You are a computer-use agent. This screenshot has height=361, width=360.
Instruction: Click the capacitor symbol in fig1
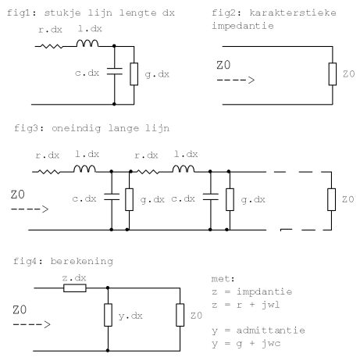coord(114,71)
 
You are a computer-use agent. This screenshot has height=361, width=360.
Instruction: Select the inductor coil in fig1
coord(87,44)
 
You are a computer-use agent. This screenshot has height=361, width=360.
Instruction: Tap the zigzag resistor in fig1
coord(52,47)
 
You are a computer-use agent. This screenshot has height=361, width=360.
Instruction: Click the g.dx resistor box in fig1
coord(134,74)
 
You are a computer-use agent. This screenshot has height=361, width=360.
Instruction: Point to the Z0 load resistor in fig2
coord(333,74)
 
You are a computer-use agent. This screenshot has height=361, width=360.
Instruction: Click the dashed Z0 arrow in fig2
coord(236,80)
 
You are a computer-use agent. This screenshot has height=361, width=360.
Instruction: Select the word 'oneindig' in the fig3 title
coord(76,128)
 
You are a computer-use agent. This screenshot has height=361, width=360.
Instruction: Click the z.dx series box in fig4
coord(75,288)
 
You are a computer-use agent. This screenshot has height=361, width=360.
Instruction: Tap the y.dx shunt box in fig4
coord(108,315)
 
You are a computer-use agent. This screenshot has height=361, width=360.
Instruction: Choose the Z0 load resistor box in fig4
coord(180,315)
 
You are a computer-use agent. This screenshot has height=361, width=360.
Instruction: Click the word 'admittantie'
coord(271,331)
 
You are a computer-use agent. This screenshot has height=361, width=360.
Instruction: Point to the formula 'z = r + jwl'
coord(246,305)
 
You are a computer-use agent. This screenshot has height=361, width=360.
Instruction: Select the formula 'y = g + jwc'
coord(246,344)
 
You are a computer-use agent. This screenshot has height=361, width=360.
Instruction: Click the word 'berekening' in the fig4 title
coord(82,261)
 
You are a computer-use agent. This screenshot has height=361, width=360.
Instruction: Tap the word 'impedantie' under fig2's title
coord(243,26)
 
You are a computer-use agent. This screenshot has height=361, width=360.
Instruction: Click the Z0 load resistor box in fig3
coord(331,199)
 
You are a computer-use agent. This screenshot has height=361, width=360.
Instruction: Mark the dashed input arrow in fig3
coord(30,209)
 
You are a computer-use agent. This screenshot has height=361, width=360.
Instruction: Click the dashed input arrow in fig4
coord(31,324)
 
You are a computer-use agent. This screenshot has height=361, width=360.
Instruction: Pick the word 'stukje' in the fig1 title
coord(62,13)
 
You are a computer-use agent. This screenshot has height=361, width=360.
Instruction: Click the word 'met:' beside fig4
coord(223,279)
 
